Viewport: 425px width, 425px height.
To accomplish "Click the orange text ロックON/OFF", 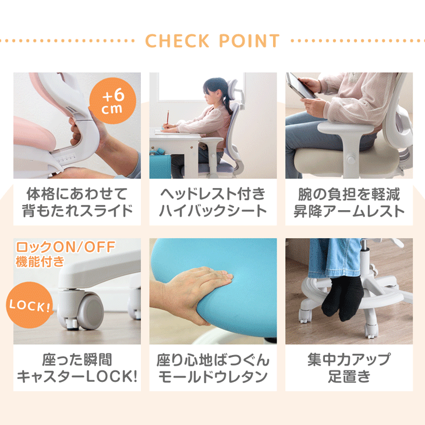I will coord(65,247).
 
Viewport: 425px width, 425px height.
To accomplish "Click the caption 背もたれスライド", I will coord(77,211).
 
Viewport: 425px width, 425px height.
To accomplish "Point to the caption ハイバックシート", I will coord(212,211).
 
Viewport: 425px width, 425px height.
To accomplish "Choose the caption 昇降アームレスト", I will coord(349,211).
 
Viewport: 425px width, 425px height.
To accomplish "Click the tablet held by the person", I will coord(302,84).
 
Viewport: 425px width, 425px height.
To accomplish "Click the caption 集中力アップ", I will coord(349,359).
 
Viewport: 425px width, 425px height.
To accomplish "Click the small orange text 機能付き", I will coord(41,261).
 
